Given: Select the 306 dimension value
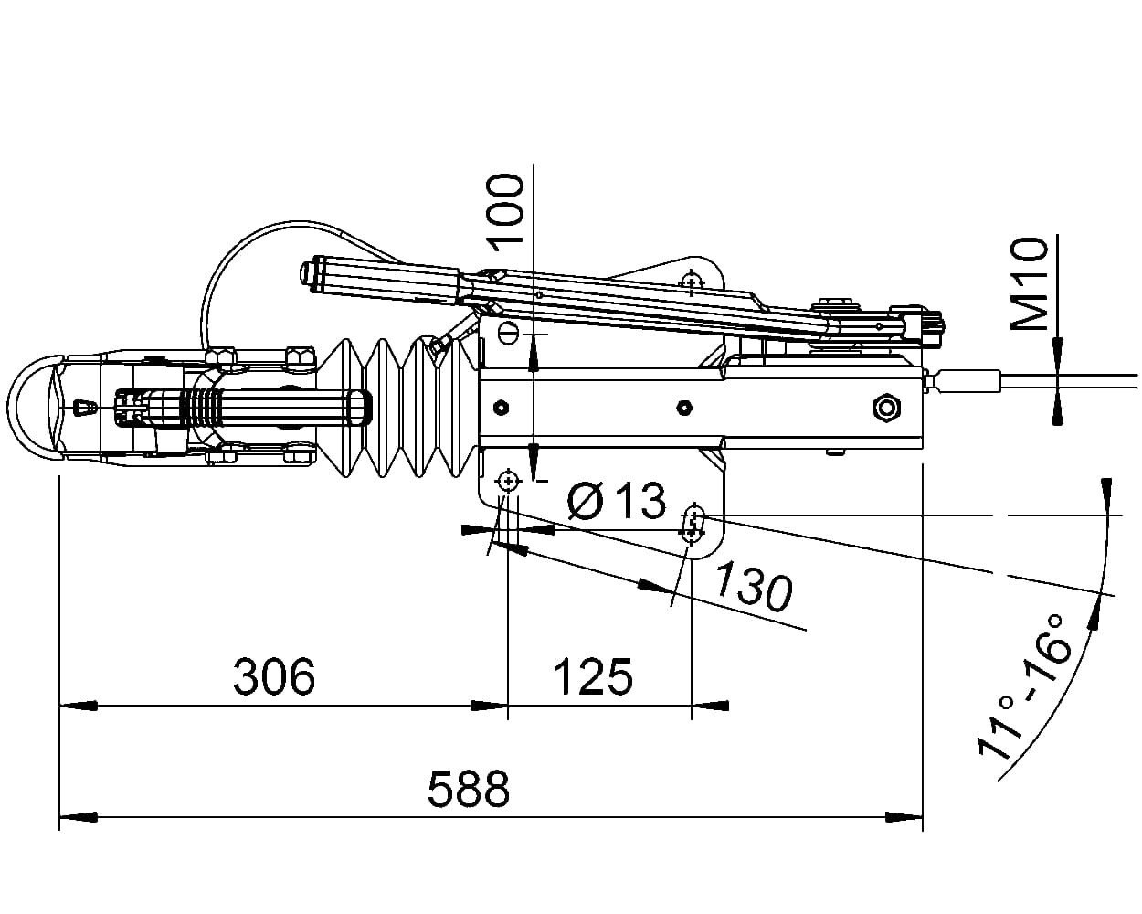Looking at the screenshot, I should (274, 676).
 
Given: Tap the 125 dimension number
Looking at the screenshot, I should (592, 676).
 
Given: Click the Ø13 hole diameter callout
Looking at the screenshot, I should (616, 500).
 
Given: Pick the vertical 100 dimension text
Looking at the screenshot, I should (505, 212).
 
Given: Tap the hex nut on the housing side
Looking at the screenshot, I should (885, 406).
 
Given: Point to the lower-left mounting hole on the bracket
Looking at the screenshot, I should (507, 481).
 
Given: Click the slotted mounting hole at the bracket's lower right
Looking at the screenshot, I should (693, 524).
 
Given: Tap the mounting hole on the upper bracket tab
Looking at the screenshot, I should (692, 278).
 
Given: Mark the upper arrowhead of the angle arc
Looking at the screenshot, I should (1106, 491).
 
